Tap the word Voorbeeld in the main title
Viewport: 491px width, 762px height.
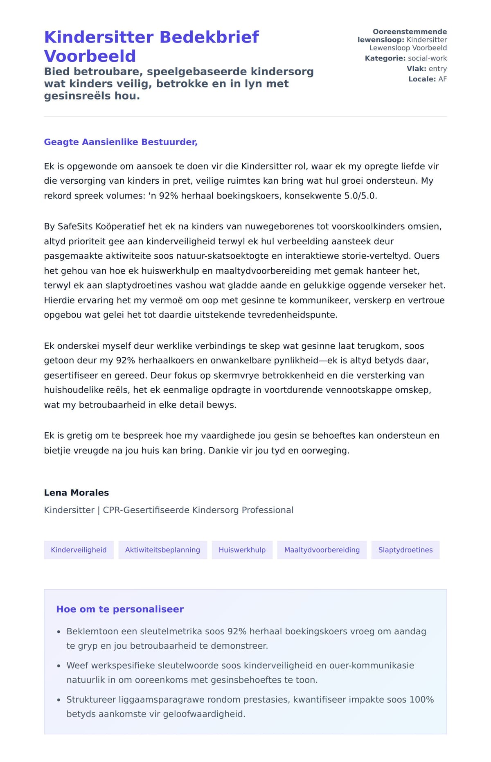[x=90, y=56]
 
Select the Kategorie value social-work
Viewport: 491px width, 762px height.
[x=427, y=59]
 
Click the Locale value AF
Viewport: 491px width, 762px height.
[x=442, y=79]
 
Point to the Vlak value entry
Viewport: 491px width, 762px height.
[x=437, y=69]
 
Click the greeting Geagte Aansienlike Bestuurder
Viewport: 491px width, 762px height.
[x=121, y=142]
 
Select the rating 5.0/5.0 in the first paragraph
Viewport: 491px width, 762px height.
[x=360, y=196]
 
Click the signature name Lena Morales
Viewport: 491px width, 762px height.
[x=76, y=493]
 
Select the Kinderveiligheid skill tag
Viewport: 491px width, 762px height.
[x=79, y=550]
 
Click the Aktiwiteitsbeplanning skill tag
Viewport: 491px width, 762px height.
[x=162, y=550]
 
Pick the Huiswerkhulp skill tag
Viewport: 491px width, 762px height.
[x=242, y=550]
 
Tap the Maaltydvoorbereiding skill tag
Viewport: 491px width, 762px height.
[x=322, y=550]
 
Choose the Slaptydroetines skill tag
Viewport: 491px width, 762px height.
[x=405, y=550]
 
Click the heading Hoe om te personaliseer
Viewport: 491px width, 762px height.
[x=119, y=609]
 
